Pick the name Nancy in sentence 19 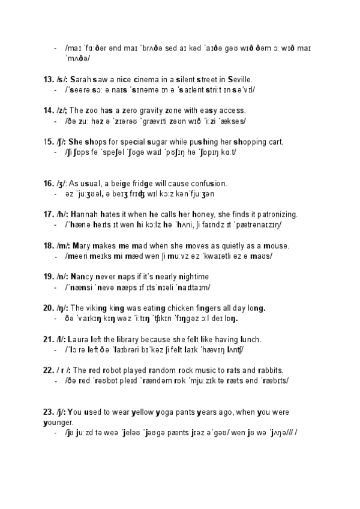click(82, 277)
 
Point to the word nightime click(191, 277)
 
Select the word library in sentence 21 click(124, 339)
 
